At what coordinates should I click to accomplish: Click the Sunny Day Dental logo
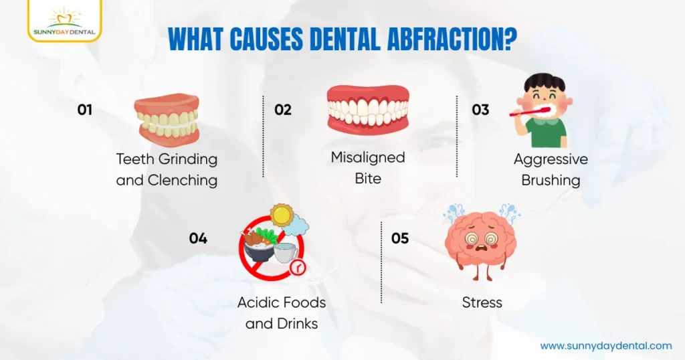(x=65, y=20)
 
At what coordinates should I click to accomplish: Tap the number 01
(x=84, y=110)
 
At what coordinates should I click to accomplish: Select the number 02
(x=283, y=110)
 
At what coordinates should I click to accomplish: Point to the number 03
(x=480, y=110)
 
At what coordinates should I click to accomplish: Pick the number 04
(x=198, y=238)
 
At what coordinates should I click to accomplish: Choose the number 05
(x=399, y=238)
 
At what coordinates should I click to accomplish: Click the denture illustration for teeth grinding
(x=167, y=119)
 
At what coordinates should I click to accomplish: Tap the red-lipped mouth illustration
(x=367, y=108)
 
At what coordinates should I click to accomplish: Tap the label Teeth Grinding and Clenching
(x=167, y=169)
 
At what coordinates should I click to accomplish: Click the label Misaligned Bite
(x=368, y=167)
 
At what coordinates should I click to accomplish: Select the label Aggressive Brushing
(x=551, y=169)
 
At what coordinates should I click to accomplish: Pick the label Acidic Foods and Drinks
(x=281, y=312)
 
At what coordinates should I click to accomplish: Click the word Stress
(x=482, y=302)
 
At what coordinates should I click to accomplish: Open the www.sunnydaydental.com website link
(x=605, y=345)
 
